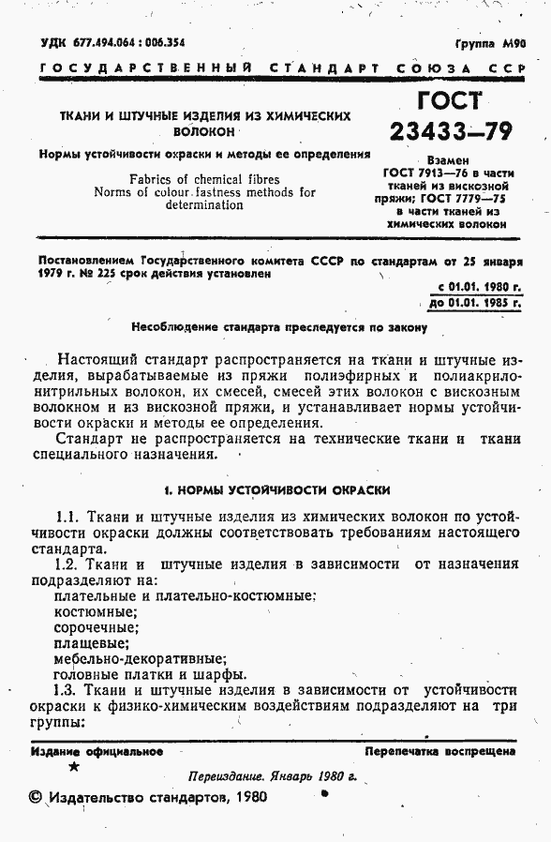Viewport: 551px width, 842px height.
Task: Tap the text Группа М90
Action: click(x=491, y=43)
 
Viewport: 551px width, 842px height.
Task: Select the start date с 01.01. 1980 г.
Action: click(x=480, y=286)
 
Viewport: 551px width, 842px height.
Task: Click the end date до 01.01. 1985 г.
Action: click(x=475, y=302)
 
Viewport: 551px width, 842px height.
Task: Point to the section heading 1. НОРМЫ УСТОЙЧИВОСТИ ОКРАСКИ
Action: click(x=276, y=489)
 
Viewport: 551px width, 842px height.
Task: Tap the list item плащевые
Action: click(x=91, y=642)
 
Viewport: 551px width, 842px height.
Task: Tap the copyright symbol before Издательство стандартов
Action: click(x=36, y=798)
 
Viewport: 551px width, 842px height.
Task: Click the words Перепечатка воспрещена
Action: click(x=439, y=751)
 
